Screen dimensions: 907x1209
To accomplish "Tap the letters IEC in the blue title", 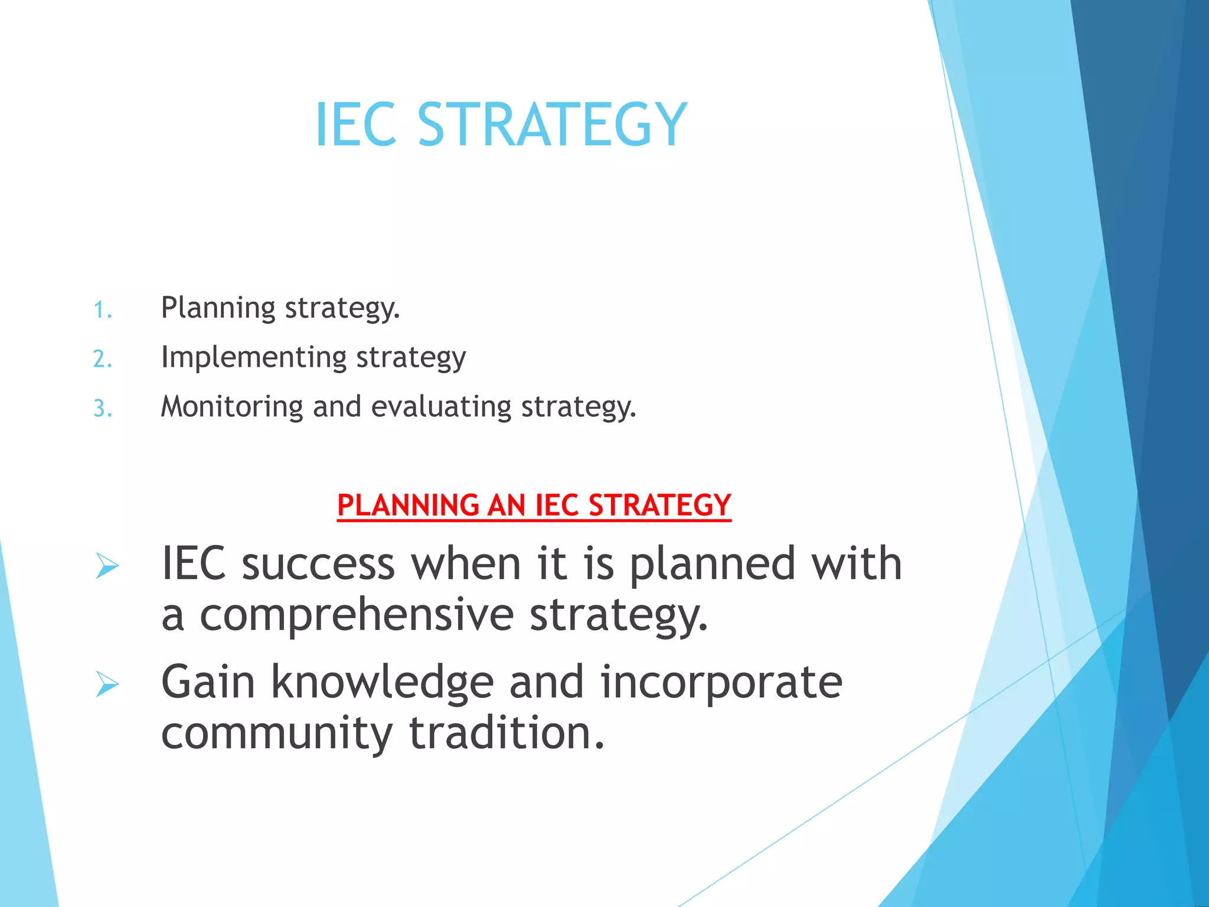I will click(x=355, y=125).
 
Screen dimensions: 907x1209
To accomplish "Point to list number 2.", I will click(x=103, y=359).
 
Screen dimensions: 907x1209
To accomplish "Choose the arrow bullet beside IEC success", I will click(x=107, y=566).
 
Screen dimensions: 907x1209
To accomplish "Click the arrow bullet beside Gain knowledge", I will click(x=107, y=685).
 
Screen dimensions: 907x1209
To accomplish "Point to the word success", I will click(x=318, y=565).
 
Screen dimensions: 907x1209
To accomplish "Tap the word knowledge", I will click(x=382, y=683).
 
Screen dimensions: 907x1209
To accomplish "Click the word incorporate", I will click(x=721, y=683).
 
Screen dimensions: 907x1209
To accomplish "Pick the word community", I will click(x=276, y=733).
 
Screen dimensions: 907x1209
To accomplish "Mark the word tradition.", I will click(x=507, y=733).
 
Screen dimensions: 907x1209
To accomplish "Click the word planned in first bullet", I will click(x=713, y=565).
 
